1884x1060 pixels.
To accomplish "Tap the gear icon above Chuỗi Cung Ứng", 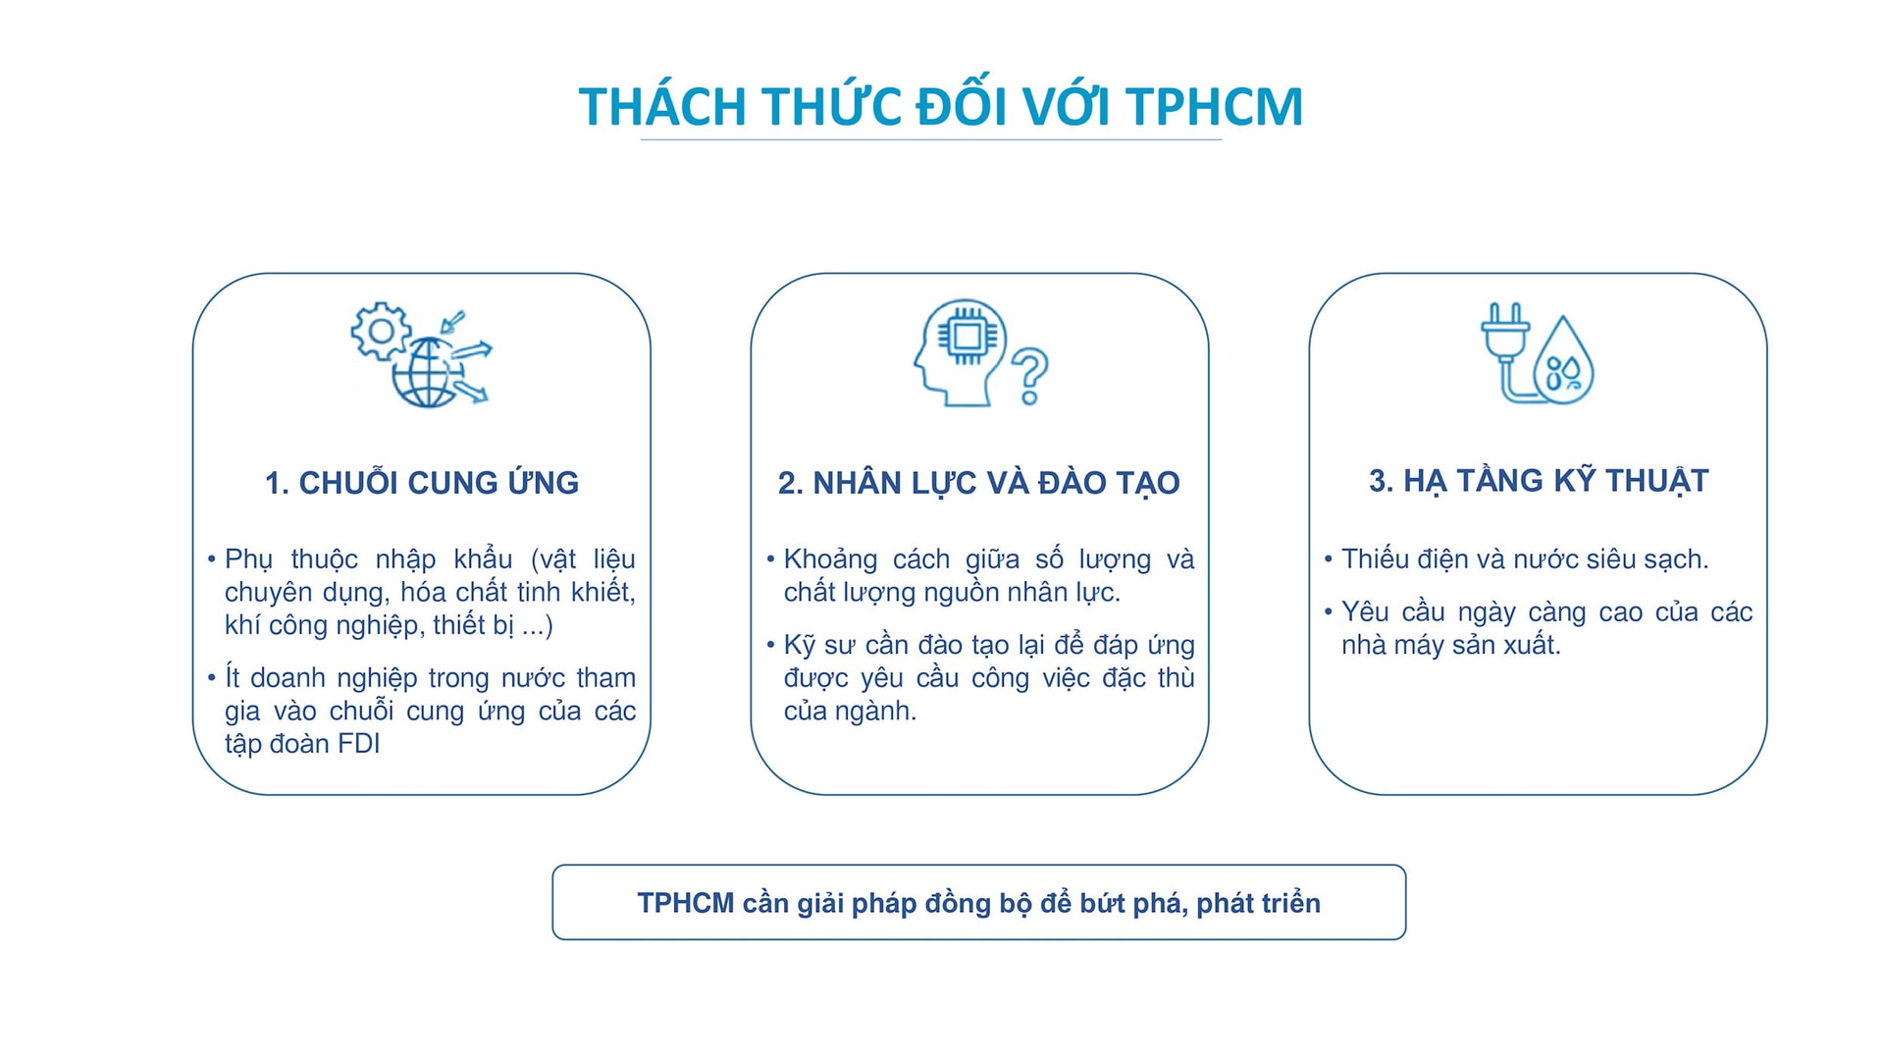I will tap(381, 331).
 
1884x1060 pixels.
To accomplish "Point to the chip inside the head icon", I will tap(968, 337).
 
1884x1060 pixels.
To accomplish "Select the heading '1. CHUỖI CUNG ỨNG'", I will tap(422, 483).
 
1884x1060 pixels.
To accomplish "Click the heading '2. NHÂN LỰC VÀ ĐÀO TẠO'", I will tap(978, 483).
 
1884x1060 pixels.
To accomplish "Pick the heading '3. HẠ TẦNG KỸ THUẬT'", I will tap(1539, 481).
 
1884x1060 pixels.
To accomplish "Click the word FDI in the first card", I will tap(358, 744).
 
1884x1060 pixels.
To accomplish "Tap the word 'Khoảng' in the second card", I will tap(830, 559).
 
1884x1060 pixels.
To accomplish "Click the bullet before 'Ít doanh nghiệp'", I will tap(211, 677).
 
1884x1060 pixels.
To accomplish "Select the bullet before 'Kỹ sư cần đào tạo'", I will tap(770, 645).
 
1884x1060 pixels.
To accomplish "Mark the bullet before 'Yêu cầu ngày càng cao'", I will tap(1329, 611).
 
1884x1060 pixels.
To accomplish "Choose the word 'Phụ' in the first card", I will tap(248, 559).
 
